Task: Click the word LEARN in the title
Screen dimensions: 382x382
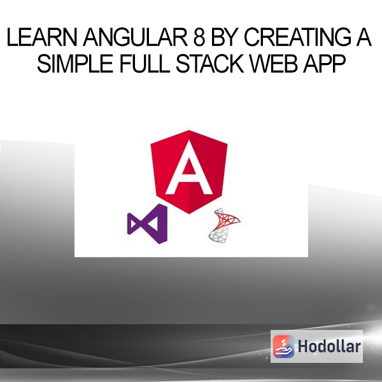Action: (41, 37)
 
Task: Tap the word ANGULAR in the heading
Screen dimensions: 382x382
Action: (136, 37)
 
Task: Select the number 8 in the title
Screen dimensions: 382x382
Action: (199, 37)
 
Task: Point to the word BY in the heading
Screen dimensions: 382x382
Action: (224, 37)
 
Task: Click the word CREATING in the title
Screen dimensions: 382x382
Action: (297, 37)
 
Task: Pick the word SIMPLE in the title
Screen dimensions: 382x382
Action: (74, 64)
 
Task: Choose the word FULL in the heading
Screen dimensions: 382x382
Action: (145, 64)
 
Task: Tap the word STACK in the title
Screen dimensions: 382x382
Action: (209, 64)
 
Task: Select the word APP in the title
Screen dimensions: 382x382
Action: (324, 64)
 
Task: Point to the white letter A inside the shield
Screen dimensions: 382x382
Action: (189, 167)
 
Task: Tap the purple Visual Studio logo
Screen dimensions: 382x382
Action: (148, 223)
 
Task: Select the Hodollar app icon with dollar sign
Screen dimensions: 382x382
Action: (283, 346)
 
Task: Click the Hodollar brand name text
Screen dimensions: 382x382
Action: (329, 346)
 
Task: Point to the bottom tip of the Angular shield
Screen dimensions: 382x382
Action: (189, 214)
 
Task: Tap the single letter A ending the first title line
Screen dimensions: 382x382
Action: (364, 37)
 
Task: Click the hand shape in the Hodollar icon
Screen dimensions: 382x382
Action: (283, 351)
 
